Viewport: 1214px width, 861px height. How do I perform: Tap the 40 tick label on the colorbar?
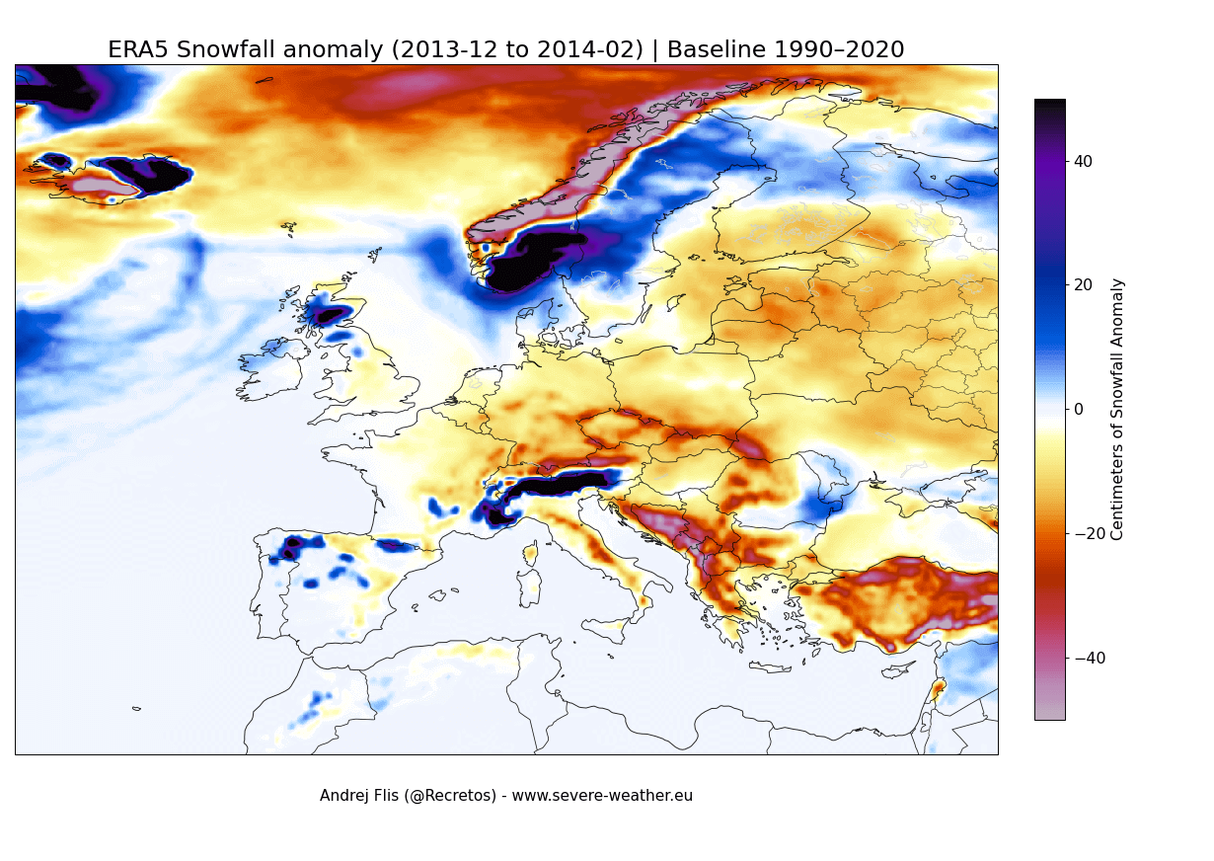1083,161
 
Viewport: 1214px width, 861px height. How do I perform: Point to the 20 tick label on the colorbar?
1083,285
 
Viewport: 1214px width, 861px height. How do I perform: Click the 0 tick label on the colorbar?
1079,410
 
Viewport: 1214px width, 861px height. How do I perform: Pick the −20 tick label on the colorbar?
1087,534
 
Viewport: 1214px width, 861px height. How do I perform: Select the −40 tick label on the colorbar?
1087,659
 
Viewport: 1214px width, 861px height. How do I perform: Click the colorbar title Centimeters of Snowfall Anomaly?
1117,409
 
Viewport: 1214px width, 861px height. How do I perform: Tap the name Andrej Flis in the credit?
357,796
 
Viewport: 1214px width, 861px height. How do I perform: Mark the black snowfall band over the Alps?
558,484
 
